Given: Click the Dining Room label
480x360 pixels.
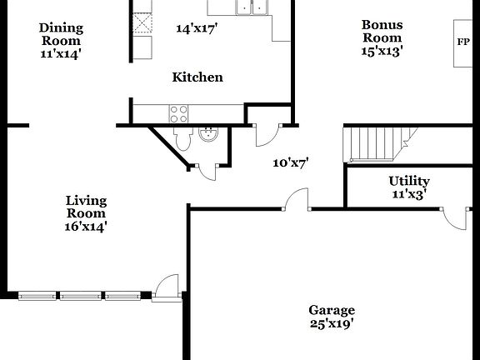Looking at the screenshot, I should [x=61, y=34].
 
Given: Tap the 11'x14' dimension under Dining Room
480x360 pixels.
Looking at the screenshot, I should [x=61, y=53].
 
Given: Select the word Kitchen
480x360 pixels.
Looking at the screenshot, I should [x=197, y=77].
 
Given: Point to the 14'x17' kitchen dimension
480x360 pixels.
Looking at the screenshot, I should [x=197, y=28].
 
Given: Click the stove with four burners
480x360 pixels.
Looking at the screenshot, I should [x=178, y=112].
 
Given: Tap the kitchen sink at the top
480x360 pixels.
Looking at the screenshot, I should [x=252, y=7].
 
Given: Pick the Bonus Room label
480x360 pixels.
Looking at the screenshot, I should [x=382, y=32].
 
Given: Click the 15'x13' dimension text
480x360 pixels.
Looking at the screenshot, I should [x=382, y=51].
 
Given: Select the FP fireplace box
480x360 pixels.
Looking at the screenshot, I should [x=463, y=42].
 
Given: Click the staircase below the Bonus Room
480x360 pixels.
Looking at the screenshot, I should [x=379, y=144].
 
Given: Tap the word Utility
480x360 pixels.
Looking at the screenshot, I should [x=409, y=181].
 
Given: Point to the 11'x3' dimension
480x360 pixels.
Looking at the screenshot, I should [x=409, y=194].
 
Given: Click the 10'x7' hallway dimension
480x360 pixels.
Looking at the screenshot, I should [x=291, y=163].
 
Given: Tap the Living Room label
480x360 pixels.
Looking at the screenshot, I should [x=86, y=207].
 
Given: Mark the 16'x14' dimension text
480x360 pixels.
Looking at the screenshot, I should [x=86, y=226].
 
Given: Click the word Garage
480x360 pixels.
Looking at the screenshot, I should [x=332, y=310].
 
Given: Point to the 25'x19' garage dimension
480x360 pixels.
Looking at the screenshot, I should [x=332, y=324].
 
